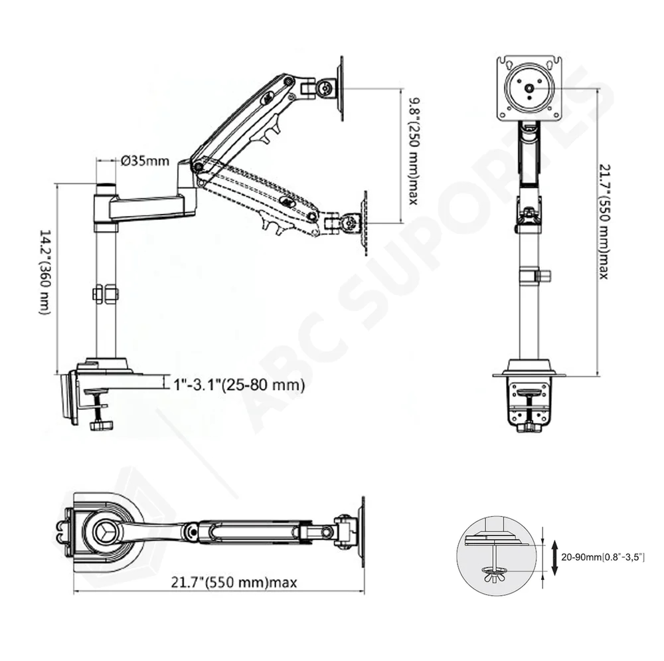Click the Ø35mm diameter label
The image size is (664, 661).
click(x=145, y=161)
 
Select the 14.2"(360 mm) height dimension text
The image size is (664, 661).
click(x=44, y=272)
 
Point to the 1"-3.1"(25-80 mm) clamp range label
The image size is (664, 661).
click(x=239, y=385)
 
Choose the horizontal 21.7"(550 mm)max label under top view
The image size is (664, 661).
click(x=234, y=582)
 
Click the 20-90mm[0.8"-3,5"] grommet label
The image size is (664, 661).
click(x=603, y=557)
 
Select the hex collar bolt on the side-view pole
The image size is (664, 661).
click(x=106, y=294)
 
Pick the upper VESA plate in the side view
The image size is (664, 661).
click(x=340, y=88)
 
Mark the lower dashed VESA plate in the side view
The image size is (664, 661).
click(x=364, y=223)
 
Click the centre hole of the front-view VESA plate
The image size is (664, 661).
click(x=529, y=88)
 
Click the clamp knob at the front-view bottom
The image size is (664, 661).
click(x=529, y=428)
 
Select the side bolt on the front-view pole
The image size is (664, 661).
click(x=543, y=276)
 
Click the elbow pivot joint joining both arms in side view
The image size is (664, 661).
click(x=197, y=167)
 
